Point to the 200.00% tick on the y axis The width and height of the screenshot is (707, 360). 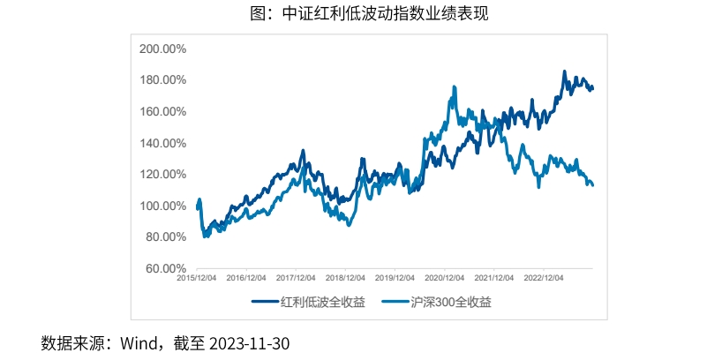pyautogui.click(x=162, y=49)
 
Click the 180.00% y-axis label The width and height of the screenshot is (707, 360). pyautogui.click(x=162, y=80)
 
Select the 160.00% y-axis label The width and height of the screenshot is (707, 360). pyautogui.click(x=162, y=112)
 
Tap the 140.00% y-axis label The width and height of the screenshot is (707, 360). pyautogui.click(x=162, y=143)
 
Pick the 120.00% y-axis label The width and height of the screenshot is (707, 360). pyautogui.click(x=162, y=175)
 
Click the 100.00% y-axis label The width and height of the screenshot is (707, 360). pyautogui.click(x=162, y=206)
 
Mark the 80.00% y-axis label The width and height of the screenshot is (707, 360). pyautogui.click(x=165, y=237)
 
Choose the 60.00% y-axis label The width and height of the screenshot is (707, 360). pyautogui.click(x=165, y=268)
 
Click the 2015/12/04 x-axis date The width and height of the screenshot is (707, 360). pyautogui.click(x=198, y=278)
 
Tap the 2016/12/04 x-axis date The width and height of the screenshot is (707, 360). pyautogui.click(x=247, y=278)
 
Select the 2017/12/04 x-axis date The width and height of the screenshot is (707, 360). pyautogui.click(x=297, y=278)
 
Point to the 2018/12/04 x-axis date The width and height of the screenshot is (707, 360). pyautogui.click(x=346, y=278)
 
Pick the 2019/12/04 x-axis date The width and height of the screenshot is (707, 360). pyautogui.click(x=395, y=278)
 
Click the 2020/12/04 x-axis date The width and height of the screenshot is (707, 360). pyautogui.click(x=445, y=278)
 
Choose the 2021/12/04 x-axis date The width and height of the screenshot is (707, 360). pyautogui.click(x=494, y=278)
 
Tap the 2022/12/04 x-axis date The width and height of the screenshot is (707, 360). pyautogui.click(x=544, y=278)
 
